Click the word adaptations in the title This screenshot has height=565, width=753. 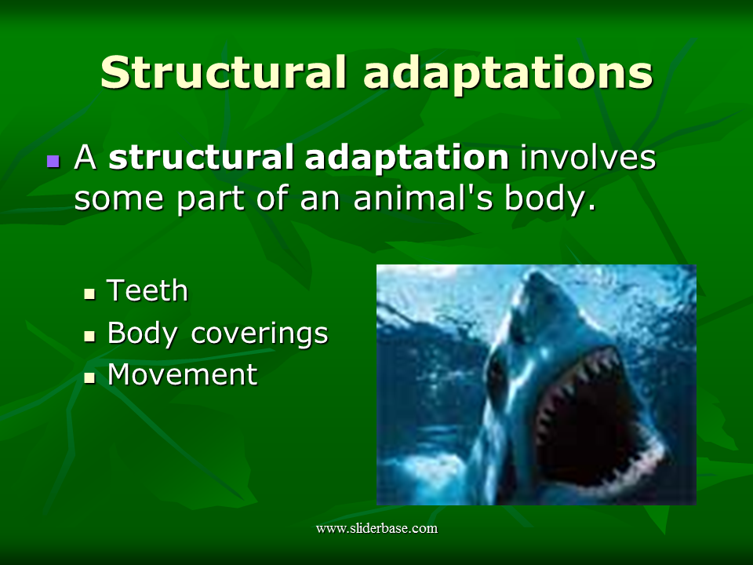(x=509, y=72)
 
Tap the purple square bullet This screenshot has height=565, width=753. (x=53, y=161)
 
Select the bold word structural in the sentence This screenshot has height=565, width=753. (x=202, y=159)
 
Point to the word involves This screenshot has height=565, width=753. (x=588, y=159)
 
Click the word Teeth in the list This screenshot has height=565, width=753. (x=147, y=291)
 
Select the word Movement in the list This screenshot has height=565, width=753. (x=182, y=374)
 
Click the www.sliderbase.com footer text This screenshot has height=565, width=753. (x=376, y=528)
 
